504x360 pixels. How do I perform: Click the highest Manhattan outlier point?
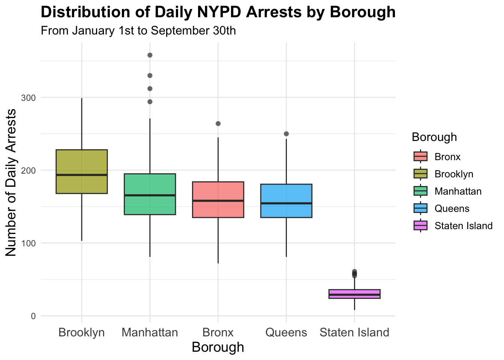(150, 55)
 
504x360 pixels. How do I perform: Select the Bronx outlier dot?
(218, 124)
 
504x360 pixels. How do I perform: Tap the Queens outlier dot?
(286, 134)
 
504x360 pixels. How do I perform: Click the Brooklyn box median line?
(82, 175)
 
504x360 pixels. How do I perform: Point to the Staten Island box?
(354, 294)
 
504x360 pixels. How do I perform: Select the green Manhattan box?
(150, 194)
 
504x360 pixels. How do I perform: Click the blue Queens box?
(286, 201)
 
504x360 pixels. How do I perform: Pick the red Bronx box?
(218, 199)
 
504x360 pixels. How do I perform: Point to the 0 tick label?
(33, 316)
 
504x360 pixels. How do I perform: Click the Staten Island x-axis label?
(354, 333)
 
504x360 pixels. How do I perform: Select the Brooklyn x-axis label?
(82, 333)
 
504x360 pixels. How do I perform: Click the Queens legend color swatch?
(420, 208)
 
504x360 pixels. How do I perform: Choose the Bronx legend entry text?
(447, 157)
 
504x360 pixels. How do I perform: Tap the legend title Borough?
(434, 137)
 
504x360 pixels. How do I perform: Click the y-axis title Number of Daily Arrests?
(11, 183)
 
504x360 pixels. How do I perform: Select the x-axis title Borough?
(218, 347)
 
